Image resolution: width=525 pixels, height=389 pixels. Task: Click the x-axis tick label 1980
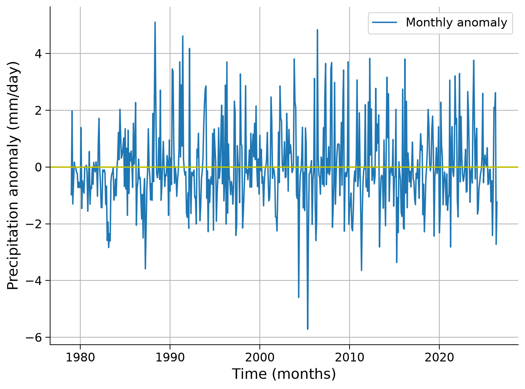pos(80,358)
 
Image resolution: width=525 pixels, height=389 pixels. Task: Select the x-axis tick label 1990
pos(170,358)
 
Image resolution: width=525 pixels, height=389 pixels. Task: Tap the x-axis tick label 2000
pos(260,358)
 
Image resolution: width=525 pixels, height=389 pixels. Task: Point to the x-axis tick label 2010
pos(349,358)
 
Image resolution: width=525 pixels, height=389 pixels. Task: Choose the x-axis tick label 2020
pos(439,358)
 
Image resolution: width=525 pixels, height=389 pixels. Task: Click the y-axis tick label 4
pos(38,54)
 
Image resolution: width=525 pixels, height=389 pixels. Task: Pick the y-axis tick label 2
pos(38,110)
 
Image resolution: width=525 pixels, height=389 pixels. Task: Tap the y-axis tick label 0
pos(38,167)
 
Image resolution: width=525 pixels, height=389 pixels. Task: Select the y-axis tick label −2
pos(34,224)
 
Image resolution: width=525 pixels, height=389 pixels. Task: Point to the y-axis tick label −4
pos(34,281)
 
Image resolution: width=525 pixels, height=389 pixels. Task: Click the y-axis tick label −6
pos(34,338)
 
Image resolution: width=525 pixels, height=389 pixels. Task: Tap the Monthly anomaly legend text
pos(456,22)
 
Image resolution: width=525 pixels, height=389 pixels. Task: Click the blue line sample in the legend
pos(385,22)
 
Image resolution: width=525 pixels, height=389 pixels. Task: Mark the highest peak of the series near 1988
pos(155,22)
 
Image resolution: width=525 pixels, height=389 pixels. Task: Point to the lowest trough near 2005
pos(308,329)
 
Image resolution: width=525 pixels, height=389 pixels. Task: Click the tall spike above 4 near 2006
pos(317,30)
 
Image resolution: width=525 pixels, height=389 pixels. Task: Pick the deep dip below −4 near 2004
pos(299,297)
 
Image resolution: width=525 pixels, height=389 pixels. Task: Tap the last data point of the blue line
pos(497,202)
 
